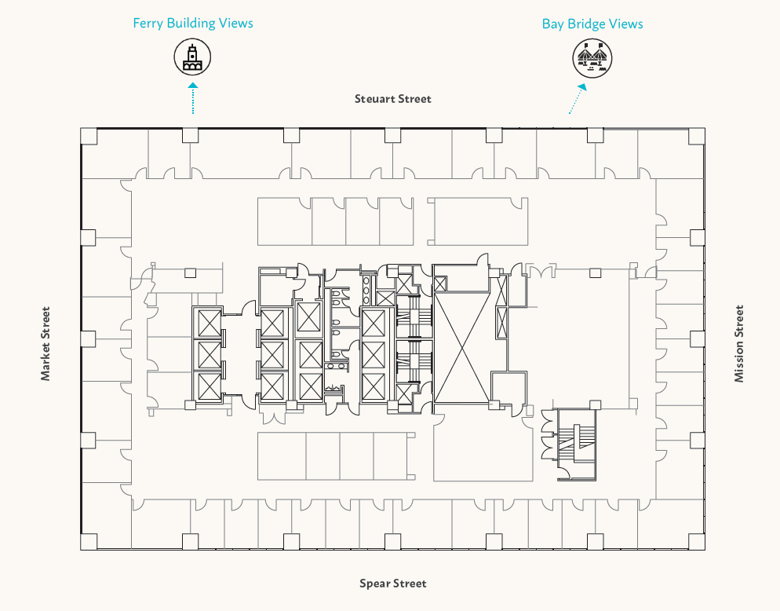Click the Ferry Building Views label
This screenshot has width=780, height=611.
pyautogui.click(x=193, y=23)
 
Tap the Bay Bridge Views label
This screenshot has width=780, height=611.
pyautogui.click(x=592, y=24)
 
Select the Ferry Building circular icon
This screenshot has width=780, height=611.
pyautogui.click(x=192, y=57)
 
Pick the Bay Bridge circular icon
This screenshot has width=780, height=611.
pyautogui.click(x=592, y=58)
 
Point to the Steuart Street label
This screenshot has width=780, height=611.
pyautogui.click(x=393, y=99)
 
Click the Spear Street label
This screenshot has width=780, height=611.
pyautogui.click(x=393, y=584)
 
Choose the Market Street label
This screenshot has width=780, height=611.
pyautogui.click(x=46, y=343)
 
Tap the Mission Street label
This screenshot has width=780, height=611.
pyautogui.click(x=738, y=343)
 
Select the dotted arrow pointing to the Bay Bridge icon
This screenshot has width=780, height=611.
pyautogui.click(x=578, y=99)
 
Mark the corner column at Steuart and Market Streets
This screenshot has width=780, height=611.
pyautogui.click(x=89, y=135)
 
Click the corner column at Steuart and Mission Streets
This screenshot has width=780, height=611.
pyautogui.click(x=697, y=135)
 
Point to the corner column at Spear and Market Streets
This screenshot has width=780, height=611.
pyautogui.click(x=89, y=542)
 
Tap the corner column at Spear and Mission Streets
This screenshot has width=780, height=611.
pyautogui.click(x=697, y=542)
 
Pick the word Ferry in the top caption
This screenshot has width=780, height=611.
pyautogui.click(x=148, y=23)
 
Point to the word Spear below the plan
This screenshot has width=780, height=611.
pyautogui.click(x=374, y=584)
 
